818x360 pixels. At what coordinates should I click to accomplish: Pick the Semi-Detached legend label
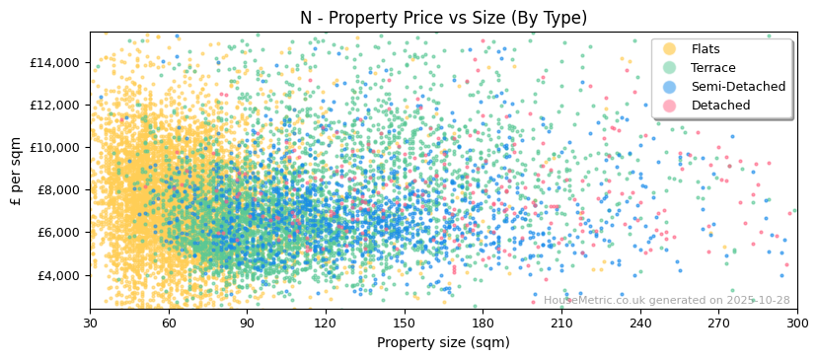click(738, 87)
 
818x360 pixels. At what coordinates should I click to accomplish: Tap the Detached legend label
click(720, 106)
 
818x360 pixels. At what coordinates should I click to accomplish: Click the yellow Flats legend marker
click(670, 49)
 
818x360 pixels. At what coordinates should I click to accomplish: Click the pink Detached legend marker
click(670, 106)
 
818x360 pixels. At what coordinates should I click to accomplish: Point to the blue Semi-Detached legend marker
click(670, 87)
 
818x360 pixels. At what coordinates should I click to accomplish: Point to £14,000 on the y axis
click(54, 62)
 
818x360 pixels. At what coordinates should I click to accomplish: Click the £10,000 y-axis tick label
click(54, 147)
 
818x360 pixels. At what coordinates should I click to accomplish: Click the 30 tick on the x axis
click(90, 324)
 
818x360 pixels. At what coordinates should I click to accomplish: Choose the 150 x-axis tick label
click(404, 324)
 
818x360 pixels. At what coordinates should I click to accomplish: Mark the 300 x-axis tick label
click(796, 324)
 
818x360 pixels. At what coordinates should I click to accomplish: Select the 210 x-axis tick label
click(561, 324)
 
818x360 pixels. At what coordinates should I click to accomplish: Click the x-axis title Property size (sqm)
click(443, 342)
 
